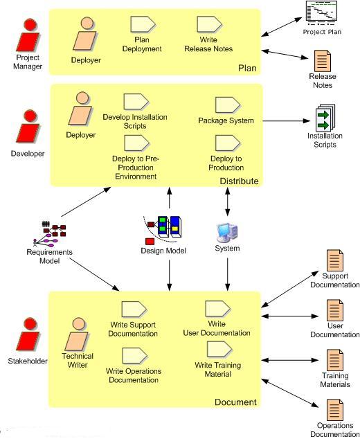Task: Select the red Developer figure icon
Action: pyautogui.click(x=28, y=127)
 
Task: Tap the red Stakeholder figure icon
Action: pyautogui.click(x=28, y=334)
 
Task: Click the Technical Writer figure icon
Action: pyautogui.click(x=77, y=334)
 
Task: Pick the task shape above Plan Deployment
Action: pyautogui.click(x=143, y=24)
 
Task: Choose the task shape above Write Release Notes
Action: pyautogui.click(x=209, y=24)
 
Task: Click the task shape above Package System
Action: pyautogui.click(x=227, y=105)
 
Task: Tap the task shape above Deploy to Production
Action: pyautogui.click(x=227, y=143)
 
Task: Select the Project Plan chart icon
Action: pyautogui.click(x=321, y=11)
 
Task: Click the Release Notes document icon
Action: pyautogui.click(x=322, y=61)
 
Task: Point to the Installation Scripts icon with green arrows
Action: pyautogui.click(x=325, y=118)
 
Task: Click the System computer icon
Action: pyautogui.click(x=227, y=233)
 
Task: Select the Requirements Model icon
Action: pyautogui.click(x=50, y=234)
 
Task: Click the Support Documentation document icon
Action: pyautogui.click(x=335, y=260)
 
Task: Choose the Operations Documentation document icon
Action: pyautogui.click(x=335, y=410)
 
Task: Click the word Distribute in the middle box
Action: pyautogui.click(x=239, y=181)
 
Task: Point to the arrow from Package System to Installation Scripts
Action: pyautogui.click(x=287, y=121)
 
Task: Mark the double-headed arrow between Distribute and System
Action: pyautogui.click(x=228, y=201)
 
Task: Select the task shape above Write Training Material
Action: pyautogui.click(x=219, y=349)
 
